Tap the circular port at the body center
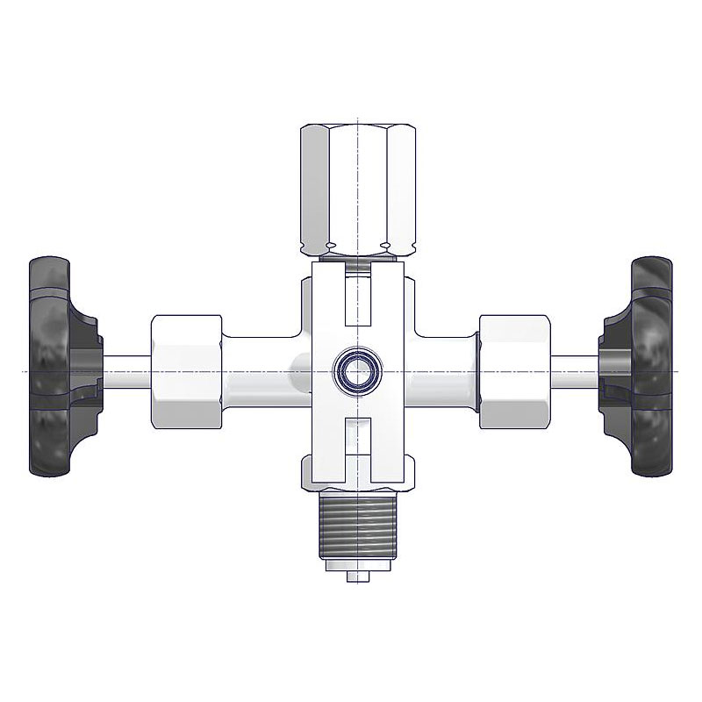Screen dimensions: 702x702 coord(356,372)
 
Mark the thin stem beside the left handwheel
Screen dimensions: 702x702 coord(127,372)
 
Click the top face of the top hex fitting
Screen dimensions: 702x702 coord(355,126)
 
